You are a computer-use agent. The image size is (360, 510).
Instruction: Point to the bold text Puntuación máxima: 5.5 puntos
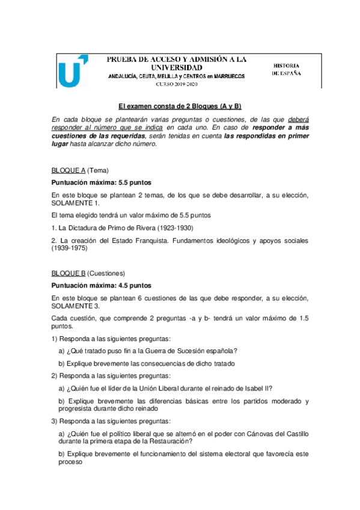(x=102, y=182)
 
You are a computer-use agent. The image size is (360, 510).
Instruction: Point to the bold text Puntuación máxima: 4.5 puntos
(x=102, y=285)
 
